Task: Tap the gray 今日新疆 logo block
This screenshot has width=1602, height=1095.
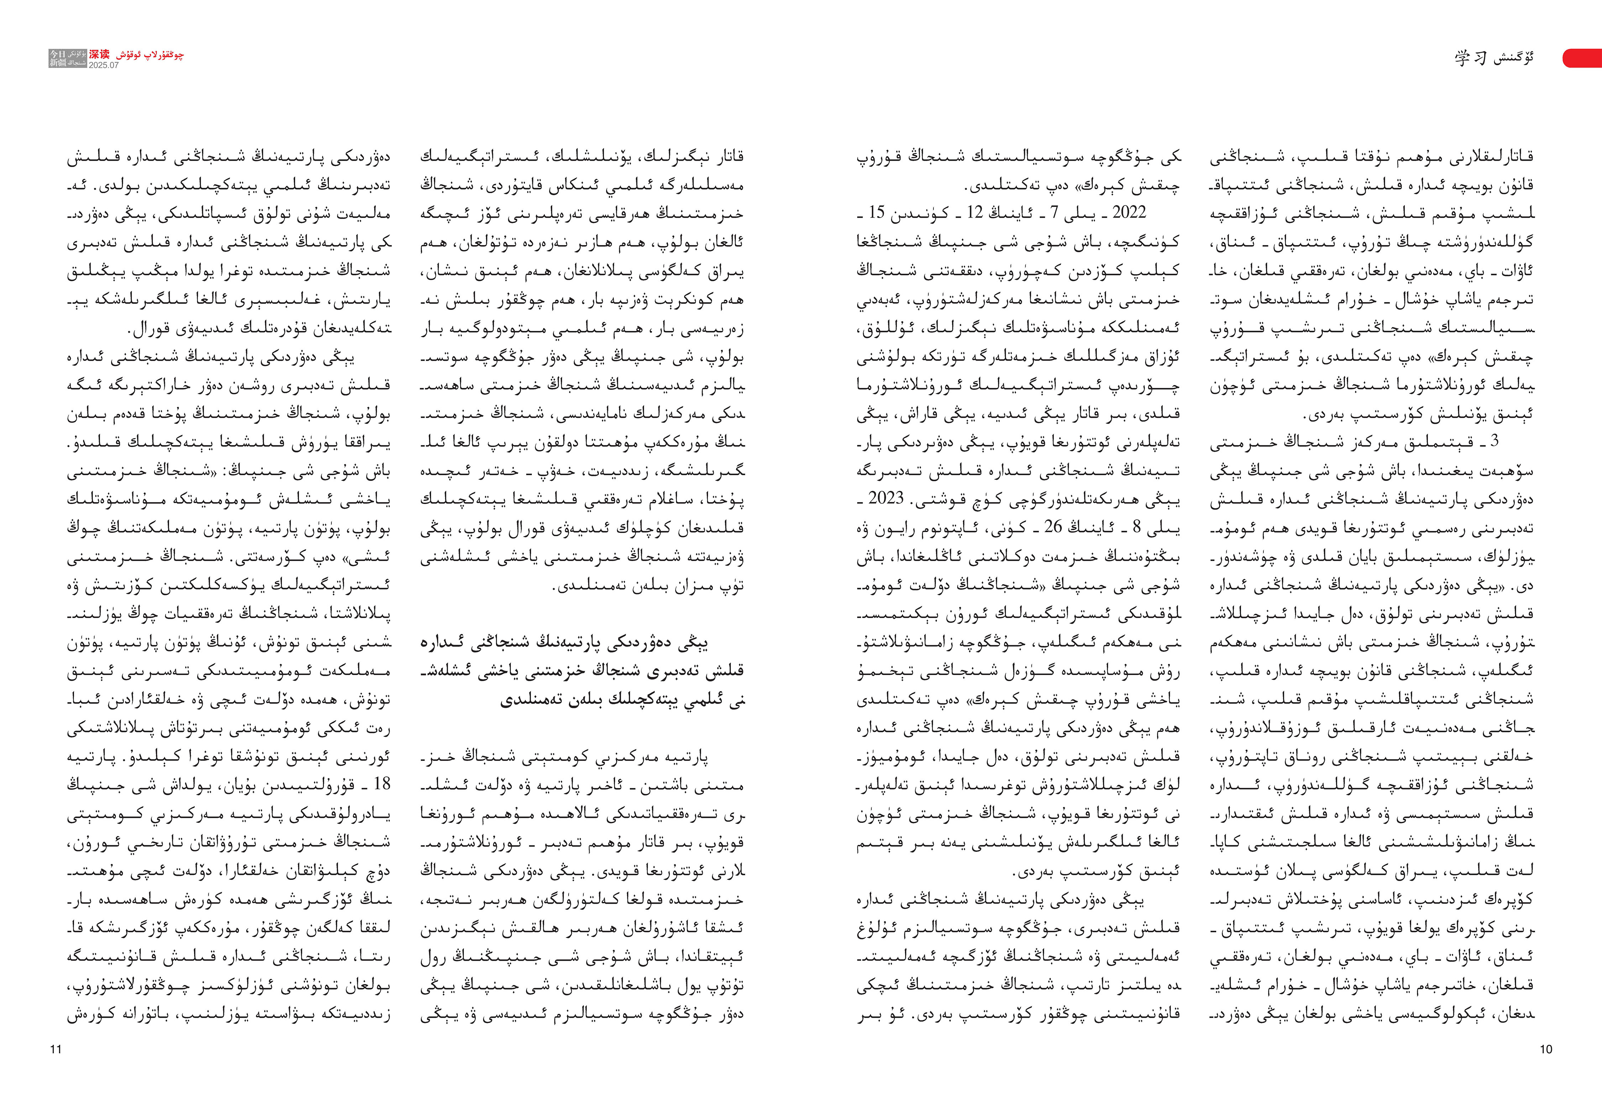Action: coord(68,59)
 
